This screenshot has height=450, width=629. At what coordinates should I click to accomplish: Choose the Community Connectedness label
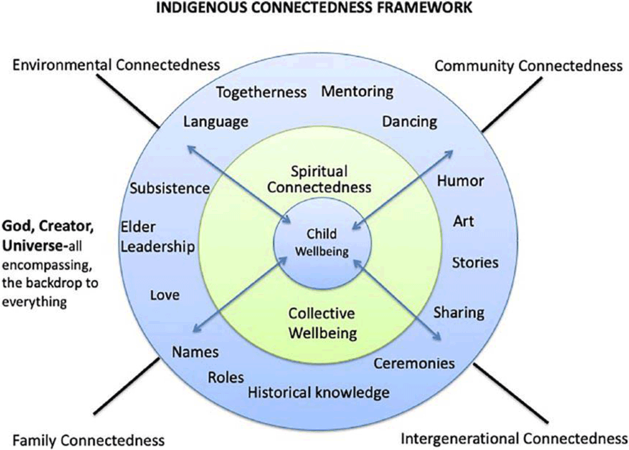tap(528, 65)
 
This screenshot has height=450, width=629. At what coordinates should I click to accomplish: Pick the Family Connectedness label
tap(89, 439)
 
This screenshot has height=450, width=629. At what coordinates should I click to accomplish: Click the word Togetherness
tap(261, 93)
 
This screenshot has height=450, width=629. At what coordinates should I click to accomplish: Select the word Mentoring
tap(357, 91)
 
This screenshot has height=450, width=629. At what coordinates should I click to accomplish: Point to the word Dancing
tap(409, 121)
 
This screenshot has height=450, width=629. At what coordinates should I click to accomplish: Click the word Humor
tap(461, 181)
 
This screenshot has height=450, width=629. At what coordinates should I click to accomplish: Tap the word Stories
tap(475, 262)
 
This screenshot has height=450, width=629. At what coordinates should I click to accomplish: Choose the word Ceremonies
tap(414, 363)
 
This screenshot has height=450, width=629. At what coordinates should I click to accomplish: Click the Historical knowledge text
tap(318, 393)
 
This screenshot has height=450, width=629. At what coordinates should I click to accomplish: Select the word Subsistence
tap(170, 188)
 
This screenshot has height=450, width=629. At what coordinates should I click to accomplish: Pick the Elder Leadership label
tap(157, 237)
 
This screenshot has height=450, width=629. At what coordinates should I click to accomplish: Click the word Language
tap(216, 121)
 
